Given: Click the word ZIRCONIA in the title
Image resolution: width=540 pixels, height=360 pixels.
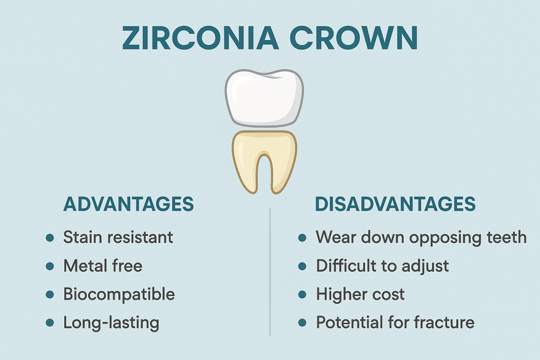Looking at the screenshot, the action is click(x=201, y=38).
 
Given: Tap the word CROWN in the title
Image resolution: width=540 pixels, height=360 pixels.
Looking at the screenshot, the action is click(x=353, y=38).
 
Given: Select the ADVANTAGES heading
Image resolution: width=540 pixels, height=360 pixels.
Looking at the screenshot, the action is click(x=129, y=204).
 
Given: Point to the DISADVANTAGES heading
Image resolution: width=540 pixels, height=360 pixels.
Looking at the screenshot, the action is click(x=396, y=204).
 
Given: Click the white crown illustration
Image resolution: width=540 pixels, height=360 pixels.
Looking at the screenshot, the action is click(x=264, y=99).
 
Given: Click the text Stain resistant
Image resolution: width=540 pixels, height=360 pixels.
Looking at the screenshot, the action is click(x=118, y=237).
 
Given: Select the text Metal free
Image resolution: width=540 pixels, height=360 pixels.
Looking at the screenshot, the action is click(x=103, y=265).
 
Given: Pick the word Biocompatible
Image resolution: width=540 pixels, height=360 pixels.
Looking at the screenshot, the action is click(x=119, y=295).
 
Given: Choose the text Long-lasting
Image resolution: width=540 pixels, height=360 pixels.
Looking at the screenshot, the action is click(x=112, y=323).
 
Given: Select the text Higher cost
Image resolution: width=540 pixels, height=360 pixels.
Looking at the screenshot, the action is click(x=360, y=295).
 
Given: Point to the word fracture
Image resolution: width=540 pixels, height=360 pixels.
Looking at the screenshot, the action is click(x=444, y=322).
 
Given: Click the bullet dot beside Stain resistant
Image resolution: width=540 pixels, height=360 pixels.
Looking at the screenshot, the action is click(x=50, y=238).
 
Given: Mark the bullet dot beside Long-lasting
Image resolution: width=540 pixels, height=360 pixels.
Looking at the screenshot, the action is click(x=50, y=323).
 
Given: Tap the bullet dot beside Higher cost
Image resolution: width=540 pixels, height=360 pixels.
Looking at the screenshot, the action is click(x=302, y=294).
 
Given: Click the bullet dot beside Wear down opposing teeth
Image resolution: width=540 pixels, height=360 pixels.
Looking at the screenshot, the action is click(x=302, y=238).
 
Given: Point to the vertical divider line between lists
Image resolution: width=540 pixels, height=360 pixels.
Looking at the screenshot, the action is click(x=270, y=272).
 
